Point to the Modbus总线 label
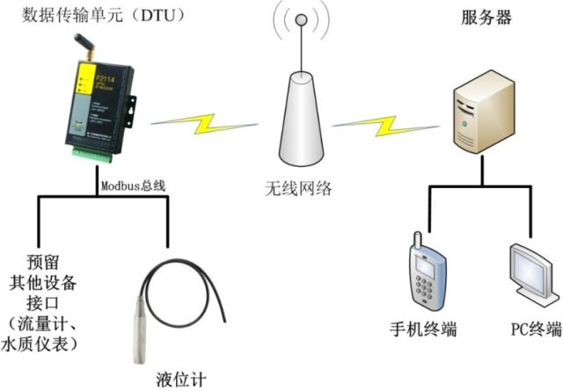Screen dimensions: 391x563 coord(133,185)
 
